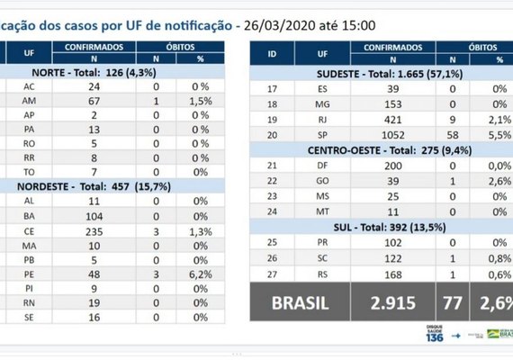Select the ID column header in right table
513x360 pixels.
273,52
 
